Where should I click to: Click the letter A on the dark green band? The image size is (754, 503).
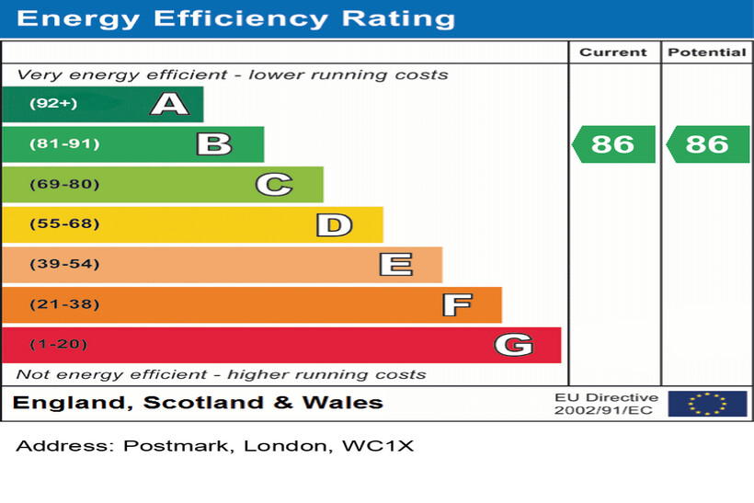(169, 104)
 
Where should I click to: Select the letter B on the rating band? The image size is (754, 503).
(213, 144)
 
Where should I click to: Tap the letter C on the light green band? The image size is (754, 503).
(273, 185)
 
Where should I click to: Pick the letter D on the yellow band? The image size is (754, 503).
(334, 224)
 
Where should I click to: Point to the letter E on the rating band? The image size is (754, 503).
(395, 265)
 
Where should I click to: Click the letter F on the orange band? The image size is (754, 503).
(457, 304)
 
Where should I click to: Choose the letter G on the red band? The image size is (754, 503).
(513, 345)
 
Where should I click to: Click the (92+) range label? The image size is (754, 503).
(53, 104)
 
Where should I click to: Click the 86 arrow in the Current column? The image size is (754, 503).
(614, 144)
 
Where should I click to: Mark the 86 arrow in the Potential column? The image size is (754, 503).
(708, 144)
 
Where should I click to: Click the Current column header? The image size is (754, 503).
(613, 52)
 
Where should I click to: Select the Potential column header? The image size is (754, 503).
(706, 52)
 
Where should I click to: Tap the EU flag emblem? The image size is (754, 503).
(707, 404)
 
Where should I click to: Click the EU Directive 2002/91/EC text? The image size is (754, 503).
(606, 404)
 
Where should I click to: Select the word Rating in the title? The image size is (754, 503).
(399, 18)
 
